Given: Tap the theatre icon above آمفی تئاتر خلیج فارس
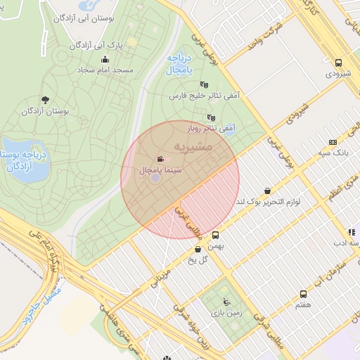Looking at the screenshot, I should (x=204, y=84).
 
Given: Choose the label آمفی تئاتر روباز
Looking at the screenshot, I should (x=210, y=129).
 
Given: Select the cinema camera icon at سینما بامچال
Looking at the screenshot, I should (x=161, y=159).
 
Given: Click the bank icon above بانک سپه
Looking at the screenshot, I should (x=333, y=142).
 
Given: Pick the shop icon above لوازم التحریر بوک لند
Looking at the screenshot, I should (x=267, y=191).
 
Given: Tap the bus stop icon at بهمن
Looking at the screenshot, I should (x=215, y=236).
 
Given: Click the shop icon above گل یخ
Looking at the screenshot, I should (x=197, y=249).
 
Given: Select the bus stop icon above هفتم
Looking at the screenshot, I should (x=304, y=294).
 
